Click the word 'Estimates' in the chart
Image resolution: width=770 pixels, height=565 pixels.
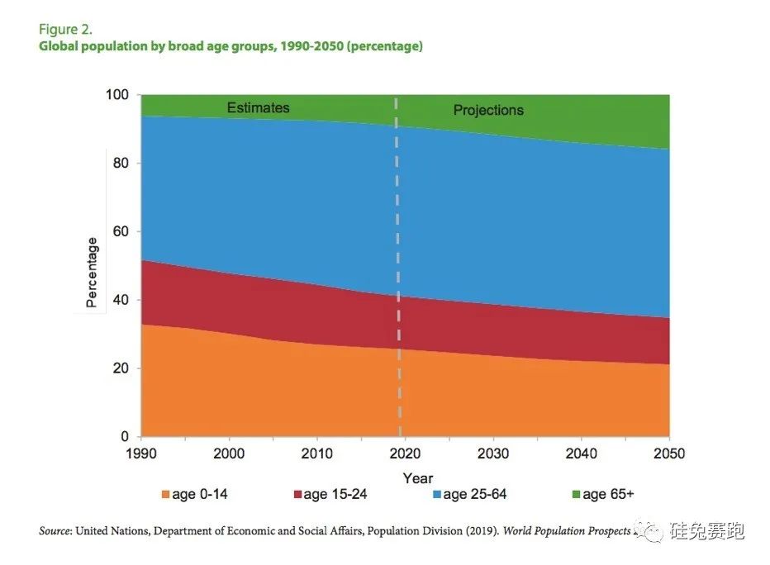[x=259, y=107]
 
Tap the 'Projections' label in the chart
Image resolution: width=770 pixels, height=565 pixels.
[x=488, y=110]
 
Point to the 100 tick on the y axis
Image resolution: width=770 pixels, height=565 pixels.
[x=119, y=95]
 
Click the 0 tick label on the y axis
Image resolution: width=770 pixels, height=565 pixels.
[x=126, y=436]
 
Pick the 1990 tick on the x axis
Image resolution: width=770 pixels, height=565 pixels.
[x=141, y=453]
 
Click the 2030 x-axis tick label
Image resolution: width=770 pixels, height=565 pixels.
[x=493, y=453]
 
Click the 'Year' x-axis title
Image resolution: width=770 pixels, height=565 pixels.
[x=418, y=478]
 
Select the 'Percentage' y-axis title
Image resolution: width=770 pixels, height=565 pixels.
[x=93, y=273]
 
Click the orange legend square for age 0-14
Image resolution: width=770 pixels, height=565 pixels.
[x=166, y=495]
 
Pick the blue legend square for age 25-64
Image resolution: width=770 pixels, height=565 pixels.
[x=435, y=495]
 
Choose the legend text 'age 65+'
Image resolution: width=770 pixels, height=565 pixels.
[x=608, y=495]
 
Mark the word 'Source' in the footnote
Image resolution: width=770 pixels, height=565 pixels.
[x=55, y=531]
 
